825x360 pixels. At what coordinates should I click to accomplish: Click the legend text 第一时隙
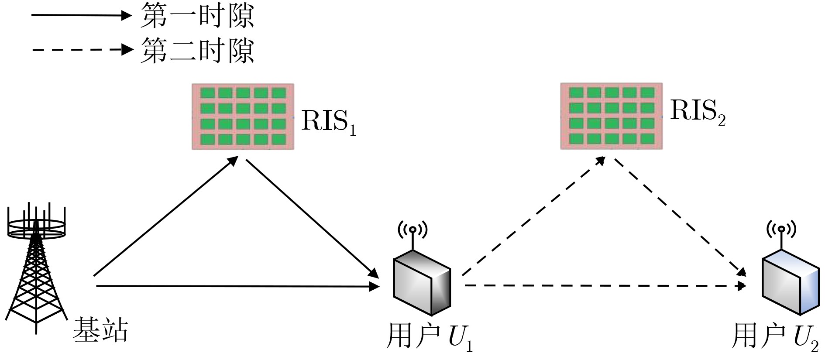pos(196,16)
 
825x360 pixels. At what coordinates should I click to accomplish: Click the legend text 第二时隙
pos(196,50)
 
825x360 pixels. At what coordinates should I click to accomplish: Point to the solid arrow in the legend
pos(81,16)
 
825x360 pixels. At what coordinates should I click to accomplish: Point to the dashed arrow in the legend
pos(81,49)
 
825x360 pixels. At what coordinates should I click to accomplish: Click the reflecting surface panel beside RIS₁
pos(243,117)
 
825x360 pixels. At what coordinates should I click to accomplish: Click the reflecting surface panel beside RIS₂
pos(612,117)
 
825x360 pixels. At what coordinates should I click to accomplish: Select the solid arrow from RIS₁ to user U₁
pos(312,218)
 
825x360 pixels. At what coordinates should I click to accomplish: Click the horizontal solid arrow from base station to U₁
pos(236,286)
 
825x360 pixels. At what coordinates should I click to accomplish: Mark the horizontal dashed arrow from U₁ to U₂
pos(605,286)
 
